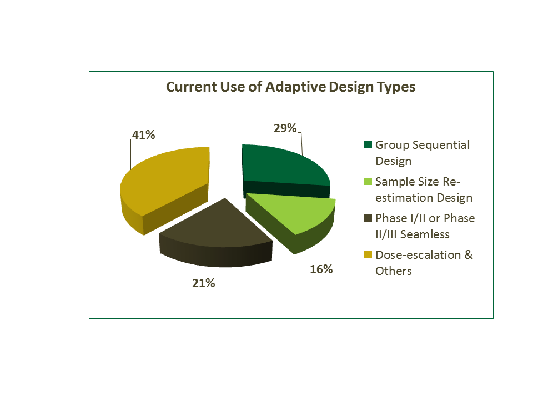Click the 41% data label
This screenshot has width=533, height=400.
[x=143, y=134]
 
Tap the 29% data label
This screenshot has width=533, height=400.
[x=285, y=128]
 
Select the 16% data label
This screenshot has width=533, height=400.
[x=321, y=269]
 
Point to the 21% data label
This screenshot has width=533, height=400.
[x=204, y=283]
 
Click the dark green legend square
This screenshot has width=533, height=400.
[x=368, y=146]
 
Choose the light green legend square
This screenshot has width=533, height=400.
[x=368, y=182]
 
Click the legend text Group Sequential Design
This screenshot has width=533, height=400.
[x=422, y=153]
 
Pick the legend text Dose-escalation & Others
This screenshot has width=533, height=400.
[x=424, y=263]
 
